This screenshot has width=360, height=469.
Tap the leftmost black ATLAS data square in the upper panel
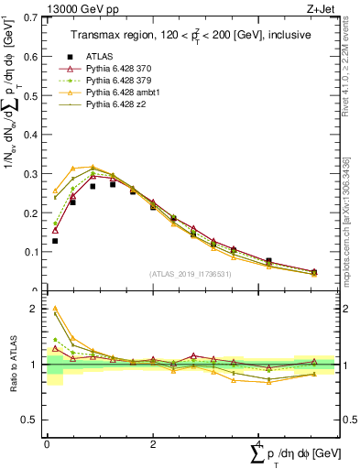click(x=55, y=241)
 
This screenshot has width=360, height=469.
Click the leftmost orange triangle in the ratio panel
click(x=55, y=309)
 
